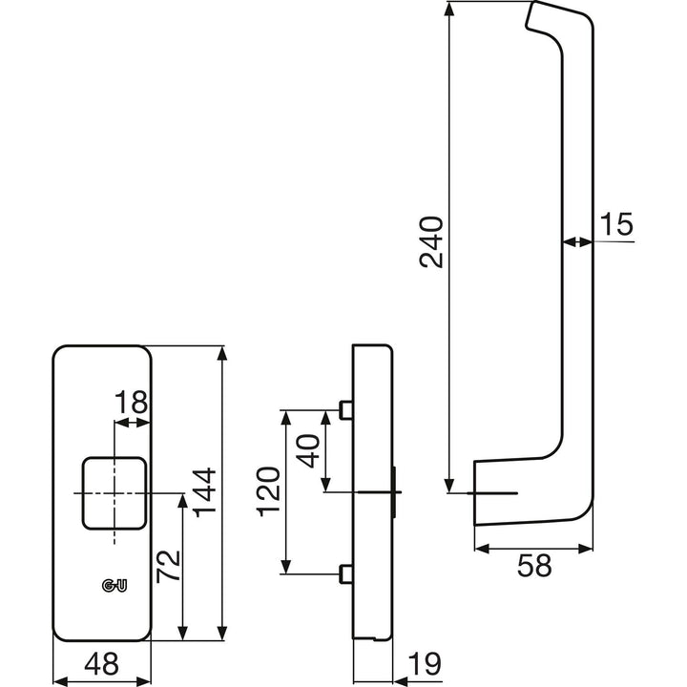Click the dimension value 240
click(x=431, y=241)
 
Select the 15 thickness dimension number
click(x=616, y=224)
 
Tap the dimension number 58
click(x=534, y=566)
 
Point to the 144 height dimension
click(x=205, y=492)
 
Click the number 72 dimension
click(x=168, y=566)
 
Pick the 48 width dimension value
click(x=101, y=664)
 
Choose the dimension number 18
click(x=131, y=403)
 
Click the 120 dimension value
click(x=268, y=492)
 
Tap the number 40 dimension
click(x=308, y=450)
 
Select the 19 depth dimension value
click(x=424, y=664)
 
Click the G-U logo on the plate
click(x=114, y=585)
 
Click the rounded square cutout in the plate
click(x=114, y=493)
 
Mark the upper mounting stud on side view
click(x=345, y=410)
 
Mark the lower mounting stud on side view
click(x=345, y=574)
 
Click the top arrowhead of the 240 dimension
click(x=448, y=9)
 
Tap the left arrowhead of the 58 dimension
click(x=482, y=548)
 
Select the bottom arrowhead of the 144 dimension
click(x=222, y=634)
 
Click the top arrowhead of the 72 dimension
click(x=183, y=500)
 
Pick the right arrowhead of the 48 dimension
click(x=144, y=681)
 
